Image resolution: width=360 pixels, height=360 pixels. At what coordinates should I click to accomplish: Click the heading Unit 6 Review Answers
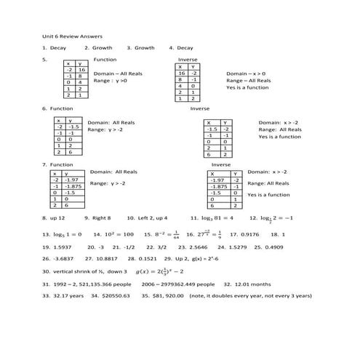[x=72, y=35]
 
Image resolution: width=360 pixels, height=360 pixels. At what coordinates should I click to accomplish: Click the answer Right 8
[x=100, y=217]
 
